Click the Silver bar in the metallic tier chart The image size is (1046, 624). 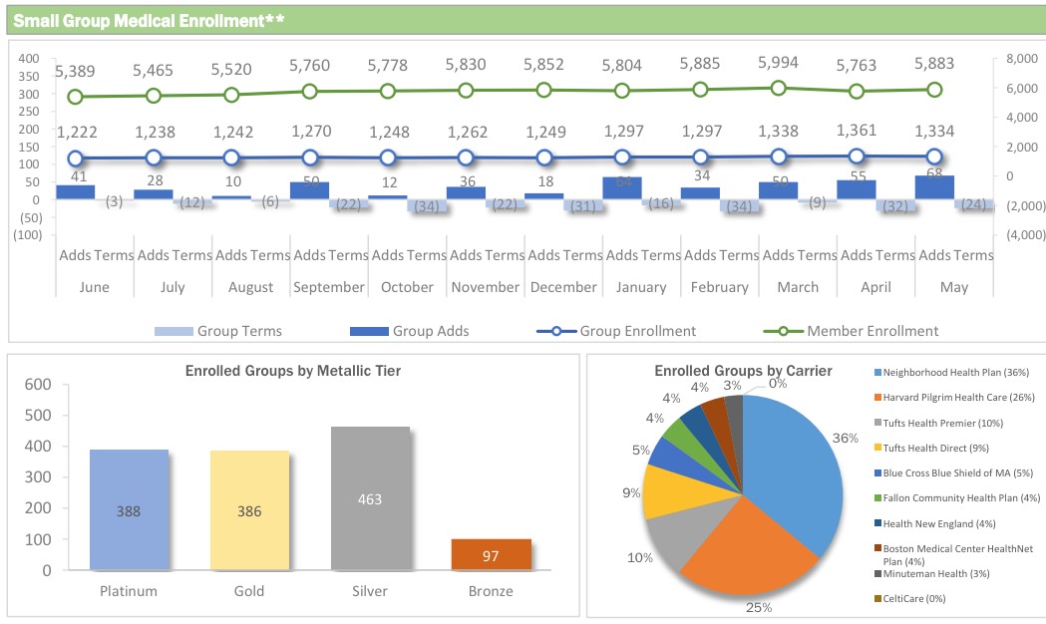click(370, 498)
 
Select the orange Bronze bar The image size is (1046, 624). click(491, 554)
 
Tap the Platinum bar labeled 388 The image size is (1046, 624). click(129, 509)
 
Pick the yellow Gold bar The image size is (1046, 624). click(249, 509)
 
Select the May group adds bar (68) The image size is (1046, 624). click(934, 187)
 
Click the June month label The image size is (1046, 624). click(94, 287)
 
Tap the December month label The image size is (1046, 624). click(562, 287)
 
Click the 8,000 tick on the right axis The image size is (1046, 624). click(1023, 59)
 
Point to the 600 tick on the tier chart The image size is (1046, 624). click(37, 385)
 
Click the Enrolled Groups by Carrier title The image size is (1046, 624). click(743, 372)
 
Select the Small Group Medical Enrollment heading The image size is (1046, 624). click(150, 19)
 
